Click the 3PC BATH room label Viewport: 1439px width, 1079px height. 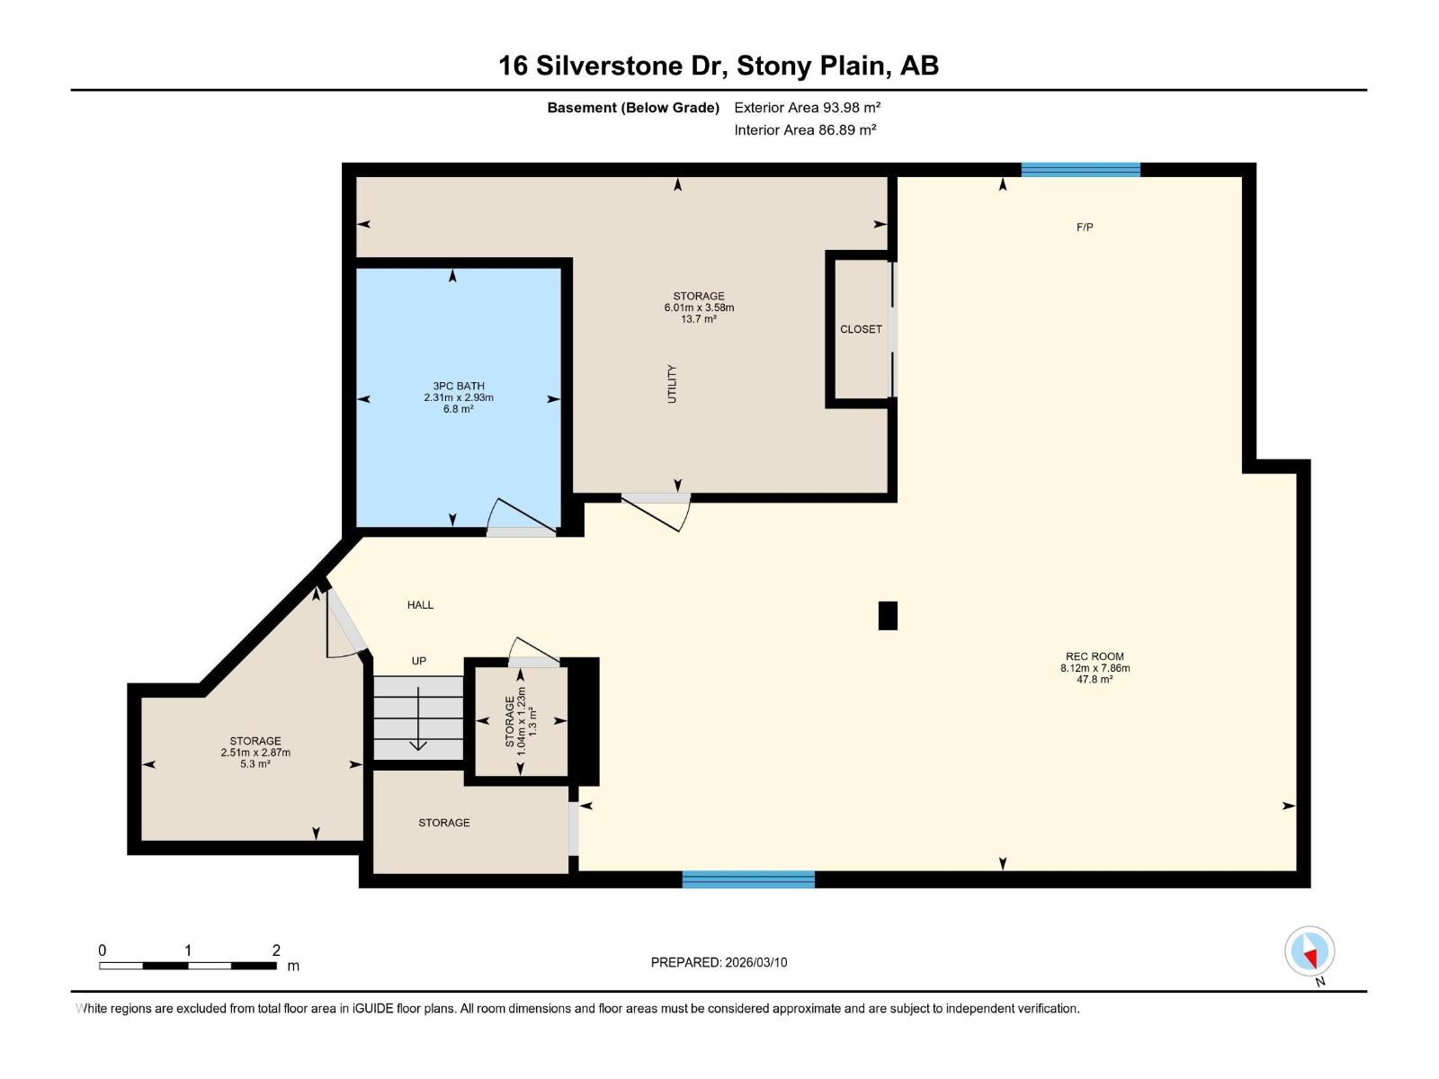[x=459, y=386]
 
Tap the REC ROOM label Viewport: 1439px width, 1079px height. [x=1095, y=656]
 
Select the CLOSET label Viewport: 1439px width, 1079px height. [x=861, y=329]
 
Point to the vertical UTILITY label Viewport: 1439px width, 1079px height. [x=671, y=384]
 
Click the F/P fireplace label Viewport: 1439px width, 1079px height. [x=1085, y=227]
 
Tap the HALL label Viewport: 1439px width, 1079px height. [x=420, y=604]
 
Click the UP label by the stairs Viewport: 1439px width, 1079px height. [x=419, y=661]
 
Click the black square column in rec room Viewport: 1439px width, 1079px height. [x=888, y=616]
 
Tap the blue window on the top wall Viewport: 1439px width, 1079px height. [x=1081, y=170]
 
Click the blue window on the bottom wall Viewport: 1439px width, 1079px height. [x=748, y=879]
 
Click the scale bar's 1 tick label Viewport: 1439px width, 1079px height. [x=188, y=950]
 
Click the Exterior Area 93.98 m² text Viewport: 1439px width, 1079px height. [x=807, y=107]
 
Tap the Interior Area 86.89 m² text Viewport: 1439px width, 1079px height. [x=805, y=129]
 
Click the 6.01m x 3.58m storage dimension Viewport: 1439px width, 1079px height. [x=699, y=308]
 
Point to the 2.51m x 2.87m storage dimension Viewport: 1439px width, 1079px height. [x=255, y=752]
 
